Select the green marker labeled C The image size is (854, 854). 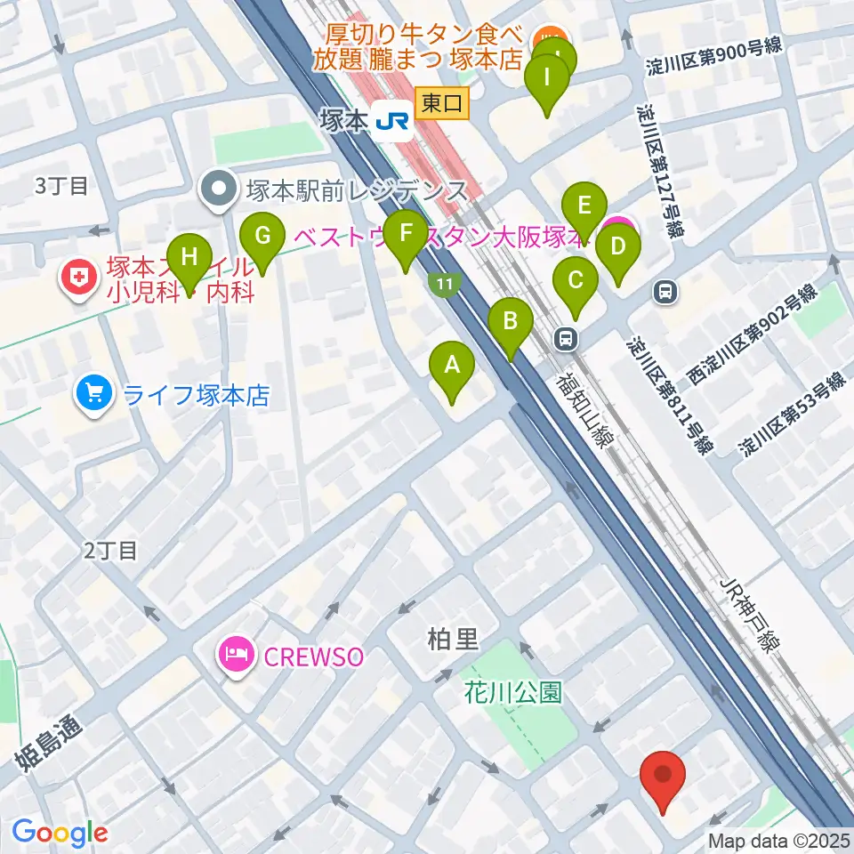pyautogui.click(x=576, y=284)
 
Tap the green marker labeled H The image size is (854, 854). pyautogui.click(x=189, y=260)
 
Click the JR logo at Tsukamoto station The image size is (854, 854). pyautogui.click(x=392, y=120)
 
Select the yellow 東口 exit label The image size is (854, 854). pyautogui.click(x=442, y=103)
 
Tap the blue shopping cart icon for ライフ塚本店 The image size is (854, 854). pyautogui.click(x=94, y=394)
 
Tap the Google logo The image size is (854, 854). pyautogui.click(x=59, y=833)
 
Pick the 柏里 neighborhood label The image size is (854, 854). pyautogui.click(x=453, y=638)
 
